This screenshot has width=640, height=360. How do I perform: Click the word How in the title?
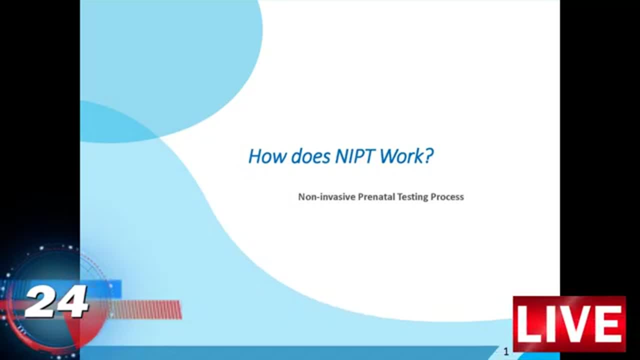(x=267, y=156)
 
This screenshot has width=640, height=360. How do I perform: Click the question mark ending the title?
(x=429, y=156)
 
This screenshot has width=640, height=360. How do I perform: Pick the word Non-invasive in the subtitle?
(x=327, y=197)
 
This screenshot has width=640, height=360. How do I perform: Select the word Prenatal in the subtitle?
(x=376, y=197)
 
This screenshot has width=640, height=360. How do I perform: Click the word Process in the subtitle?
(x=447, y=197)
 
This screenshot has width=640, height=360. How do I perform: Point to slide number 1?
(x=506, y=351)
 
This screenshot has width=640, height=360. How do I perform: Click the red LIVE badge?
(x=569, y=324)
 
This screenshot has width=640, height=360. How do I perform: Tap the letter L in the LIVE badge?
(x=529, y=324)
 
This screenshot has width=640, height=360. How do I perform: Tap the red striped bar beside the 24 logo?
(x=145, y=309)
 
